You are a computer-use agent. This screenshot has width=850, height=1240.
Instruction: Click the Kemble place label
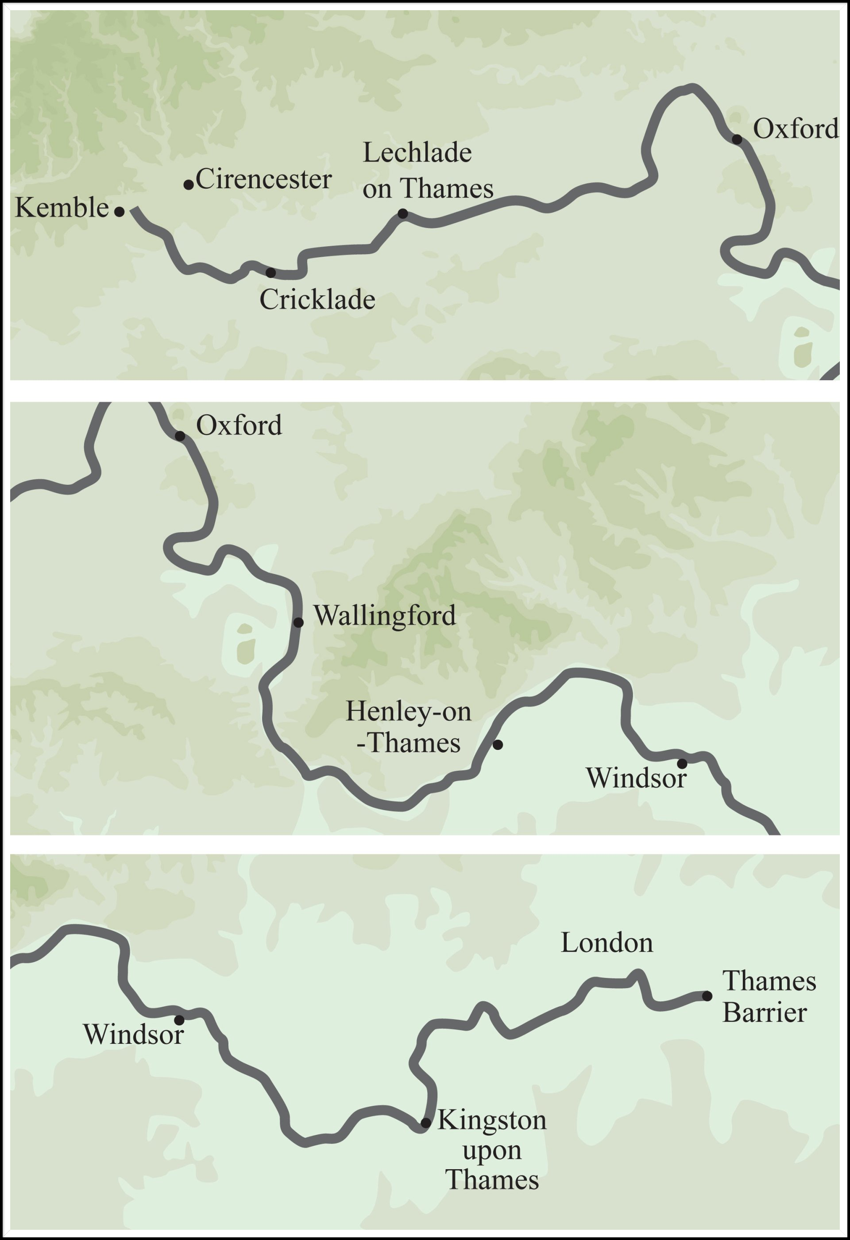tap(62, 208)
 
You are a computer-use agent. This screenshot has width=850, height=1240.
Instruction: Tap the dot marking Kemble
tap(120, 212)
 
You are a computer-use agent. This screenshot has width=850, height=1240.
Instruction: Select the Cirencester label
tap(263, 179)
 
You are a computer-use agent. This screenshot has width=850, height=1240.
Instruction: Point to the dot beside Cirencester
tap(188, 185)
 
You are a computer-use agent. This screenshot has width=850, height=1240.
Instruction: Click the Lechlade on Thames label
tap(427, 171)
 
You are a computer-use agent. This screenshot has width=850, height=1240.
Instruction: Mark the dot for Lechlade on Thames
tap(403, 214)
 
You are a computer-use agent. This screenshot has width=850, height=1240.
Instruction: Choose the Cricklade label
tap(317, 299)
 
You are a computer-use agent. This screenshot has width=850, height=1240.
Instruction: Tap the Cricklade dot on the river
tap(270, 273)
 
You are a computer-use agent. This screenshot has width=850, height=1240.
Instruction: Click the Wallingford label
tap(384, 616)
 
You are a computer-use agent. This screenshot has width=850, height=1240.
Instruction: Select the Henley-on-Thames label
tap(409, 727)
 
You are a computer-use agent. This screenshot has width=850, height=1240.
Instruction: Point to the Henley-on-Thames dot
tap(497, 744)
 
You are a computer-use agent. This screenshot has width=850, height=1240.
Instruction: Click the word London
tap(607, 943)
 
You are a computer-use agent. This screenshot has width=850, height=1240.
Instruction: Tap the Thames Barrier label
tap(769, 997)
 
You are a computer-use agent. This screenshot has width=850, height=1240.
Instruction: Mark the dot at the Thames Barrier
tap(707, 996)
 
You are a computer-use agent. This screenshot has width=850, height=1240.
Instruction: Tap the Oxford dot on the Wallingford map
tap(180, 437)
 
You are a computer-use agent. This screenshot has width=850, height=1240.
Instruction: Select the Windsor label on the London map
tap(133, 1035)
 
